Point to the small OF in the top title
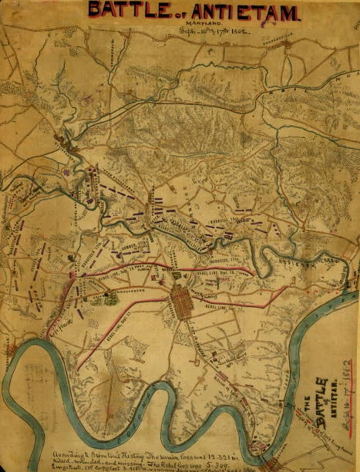(177, 12)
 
